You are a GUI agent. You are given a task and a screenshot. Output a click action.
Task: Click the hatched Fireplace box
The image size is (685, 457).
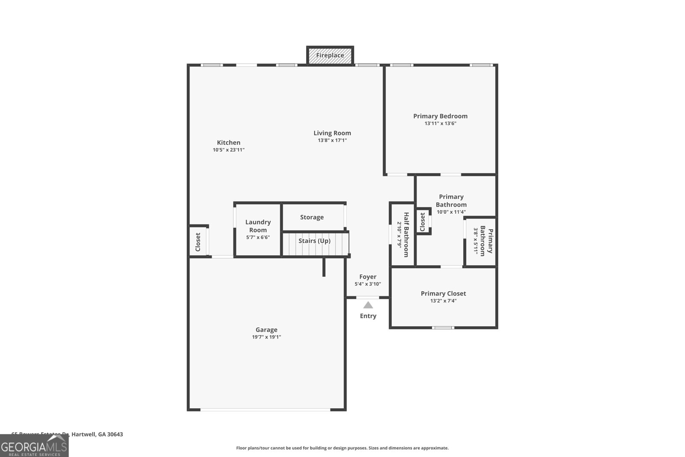330,55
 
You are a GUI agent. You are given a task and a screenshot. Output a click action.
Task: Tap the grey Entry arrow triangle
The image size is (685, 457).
368,305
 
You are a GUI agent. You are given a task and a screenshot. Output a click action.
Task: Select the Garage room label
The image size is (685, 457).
266,330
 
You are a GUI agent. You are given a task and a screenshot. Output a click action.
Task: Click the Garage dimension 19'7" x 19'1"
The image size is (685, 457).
266,337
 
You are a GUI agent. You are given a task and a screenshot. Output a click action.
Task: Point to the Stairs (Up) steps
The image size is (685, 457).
315,244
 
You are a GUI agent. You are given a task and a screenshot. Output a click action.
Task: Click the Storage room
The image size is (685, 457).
312,217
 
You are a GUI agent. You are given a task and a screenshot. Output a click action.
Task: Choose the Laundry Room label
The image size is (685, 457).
258,226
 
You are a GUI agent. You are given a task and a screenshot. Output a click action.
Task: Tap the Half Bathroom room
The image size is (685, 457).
402,234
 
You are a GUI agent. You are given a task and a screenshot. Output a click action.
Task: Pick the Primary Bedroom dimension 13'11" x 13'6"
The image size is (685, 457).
440,123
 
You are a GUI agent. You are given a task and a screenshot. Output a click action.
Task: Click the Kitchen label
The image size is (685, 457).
229,143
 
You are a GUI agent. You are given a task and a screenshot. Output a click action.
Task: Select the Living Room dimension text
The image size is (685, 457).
332,140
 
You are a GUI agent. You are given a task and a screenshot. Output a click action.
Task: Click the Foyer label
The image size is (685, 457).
368,277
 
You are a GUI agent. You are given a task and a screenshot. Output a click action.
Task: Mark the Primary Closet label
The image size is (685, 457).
443,293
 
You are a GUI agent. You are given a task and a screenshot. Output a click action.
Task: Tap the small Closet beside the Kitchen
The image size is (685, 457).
198,242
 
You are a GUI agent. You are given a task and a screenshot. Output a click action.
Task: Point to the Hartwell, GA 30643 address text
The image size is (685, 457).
97,434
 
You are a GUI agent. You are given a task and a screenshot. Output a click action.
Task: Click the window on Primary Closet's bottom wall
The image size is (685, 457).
443,328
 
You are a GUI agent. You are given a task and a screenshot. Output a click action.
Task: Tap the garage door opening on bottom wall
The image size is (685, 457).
265,410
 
